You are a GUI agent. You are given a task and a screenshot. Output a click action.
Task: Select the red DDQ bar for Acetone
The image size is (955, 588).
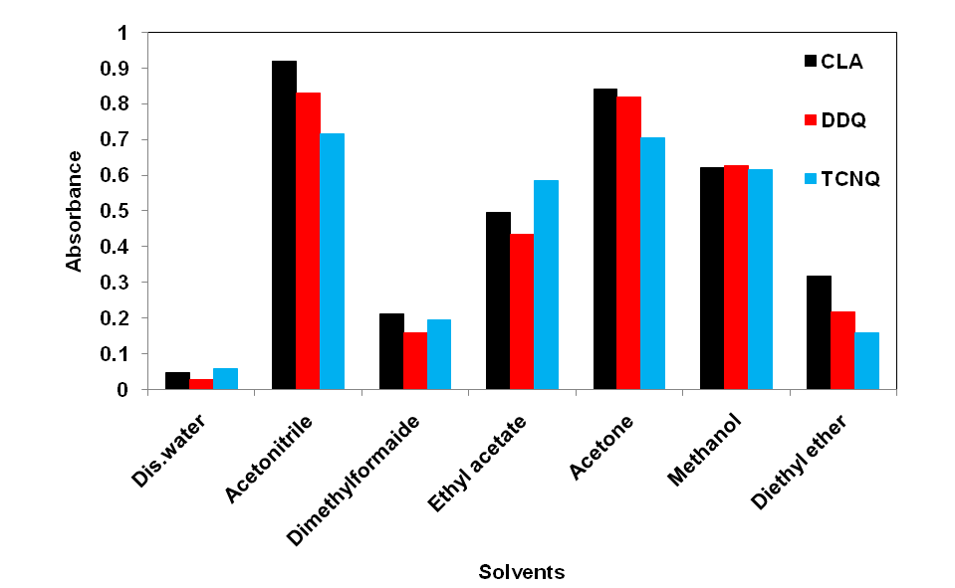[628, 243]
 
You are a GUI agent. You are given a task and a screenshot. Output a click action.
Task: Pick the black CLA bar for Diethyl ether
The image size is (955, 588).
[819, 332]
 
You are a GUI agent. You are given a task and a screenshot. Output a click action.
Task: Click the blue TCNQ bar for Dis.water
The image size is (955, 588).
[225, 379]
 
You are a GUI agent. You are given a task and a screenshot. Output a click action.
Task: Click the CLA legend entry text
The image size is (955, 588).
[842, 62]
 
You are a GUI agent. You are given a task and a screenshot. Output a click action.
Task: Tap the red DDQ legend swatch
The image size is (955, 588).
[810, 120]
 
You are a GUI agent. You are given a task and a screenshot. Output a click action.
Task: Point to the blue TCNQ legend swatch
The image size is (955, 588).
[810, 179]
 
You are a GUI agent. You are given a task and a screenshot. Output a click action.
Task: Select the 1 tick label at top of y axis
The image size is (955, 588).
[123, 33]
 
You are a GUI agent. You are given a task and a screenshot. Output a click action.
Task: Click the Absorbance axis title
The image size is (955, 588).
[74, 211]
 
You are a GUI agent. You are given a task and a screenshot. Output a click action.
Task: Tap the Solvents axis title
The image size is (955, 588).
[522, 572]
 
